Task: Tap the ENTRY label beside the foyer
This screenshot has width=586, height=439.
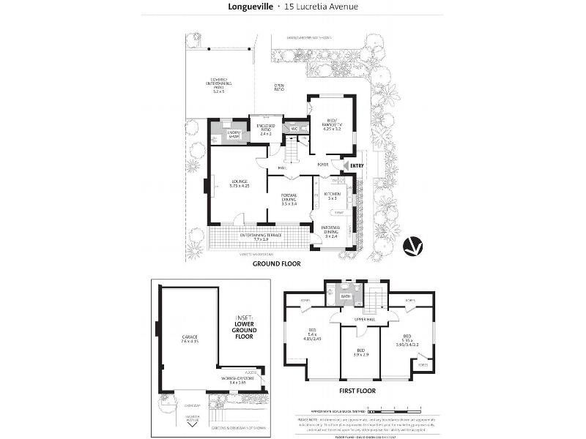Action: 357,166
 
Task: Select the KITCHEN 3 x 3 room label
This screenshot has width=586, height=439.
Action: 332,196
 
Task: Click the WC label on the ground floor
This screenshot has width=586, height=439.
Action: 294,129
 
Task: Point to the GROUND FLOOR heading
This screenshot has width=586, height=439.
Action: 277,263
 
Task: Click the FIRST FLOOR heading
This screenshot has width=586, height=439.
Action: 358,391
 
